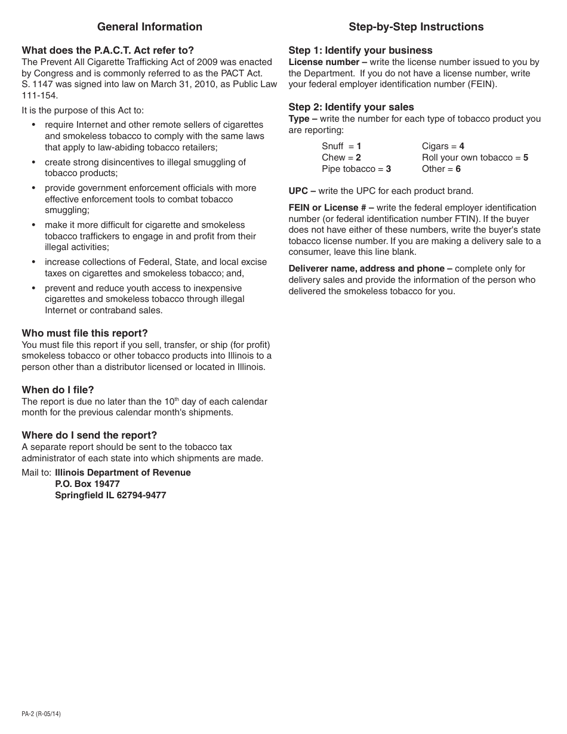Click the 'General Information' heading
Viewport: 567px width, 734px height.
pos(149,27)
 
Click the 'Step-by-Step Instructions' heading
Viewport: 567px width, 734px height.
pos(416,27)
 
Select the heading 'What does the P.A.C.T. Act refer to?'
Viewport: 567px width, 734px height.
pos(108,51)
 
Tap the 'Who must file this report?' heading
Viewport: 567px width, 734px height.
pos(85,334)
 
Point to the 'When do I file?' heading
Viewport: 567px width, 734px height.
pos(58,390)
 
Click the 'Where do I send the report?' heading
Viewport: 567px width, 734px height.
pos(90,436)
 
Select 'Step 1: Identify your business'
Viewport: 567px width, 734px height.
pos(360,51)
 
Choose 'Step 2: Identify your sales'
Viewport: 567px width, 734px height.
pos(351,107)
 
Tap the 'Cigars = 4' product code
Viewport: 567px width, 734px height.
pos(443,146)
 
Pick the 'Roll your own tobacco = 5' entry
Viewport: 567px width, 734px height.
pos(474,158)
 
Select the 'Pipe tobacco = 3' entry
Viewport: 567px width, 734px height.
pos(356,169)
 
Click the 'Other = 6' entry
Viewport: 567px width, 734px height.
pos(441,169)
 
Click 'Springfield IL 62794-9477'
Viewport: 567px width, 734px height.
pos(110,495)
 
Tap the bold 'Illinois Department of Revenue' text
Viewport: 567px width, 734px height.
pos(123,473)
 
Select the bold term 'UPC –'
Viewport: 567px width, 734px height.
pos(302,192)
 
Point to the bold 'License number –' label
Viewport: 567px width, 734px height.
pos(328,62)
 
